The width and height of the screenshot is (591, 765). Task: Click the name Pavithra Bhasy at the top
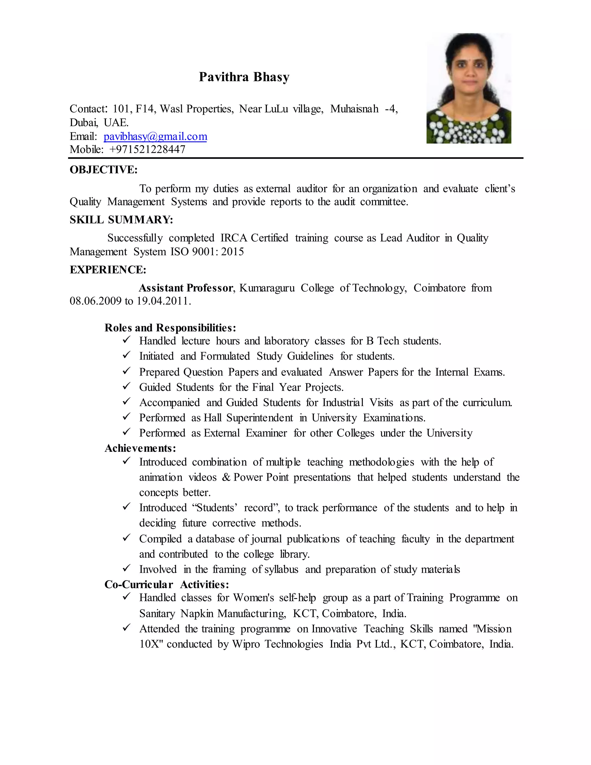244,77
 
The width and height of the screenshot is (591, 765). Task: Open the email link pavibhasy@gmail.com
155,136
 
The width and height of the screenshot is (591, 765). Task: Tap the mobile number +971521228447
147,150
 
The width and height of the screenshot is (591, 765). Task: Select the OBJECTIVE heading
104,169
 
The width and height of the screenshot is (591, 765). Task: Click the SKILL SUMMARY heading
121,220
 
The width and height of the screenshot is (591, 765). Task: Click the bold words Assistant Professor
186,288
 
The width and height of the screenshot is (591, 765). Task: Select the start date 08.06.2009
95,301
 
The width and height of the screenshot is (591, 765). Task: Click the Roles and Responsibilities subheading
170,328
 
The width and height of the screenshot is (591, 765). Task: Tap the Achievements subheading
140,448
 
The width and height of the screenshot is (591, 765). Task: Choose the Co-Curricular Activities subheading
167,585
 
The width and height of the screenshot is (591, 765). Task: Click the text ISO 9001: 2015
207,251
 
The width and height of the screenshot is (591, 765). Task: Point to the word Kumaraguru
267,288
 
